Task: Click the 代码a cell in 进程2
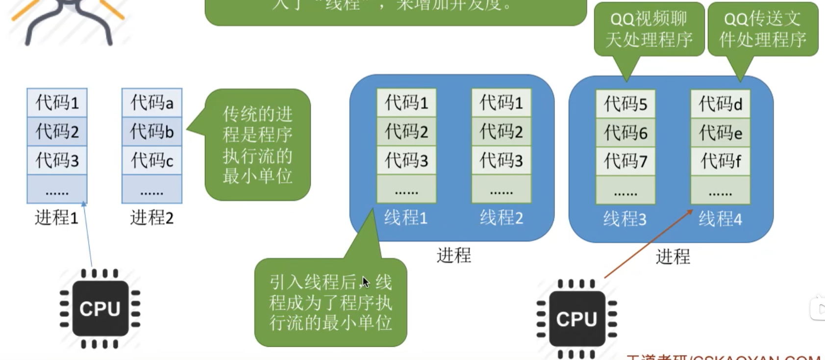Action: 152,103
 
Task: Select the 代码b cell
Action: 152,131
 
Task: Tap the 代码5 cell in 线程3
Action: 625,104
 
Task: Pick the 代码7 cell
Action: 625,161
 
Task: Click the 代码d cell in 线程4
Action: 720,104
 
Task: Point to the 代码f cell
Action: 720,161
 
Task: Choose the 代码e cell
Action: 720,132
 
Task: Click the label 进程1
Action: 56,217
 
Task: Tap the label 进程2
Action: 152,217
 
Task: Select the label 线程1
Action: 406,217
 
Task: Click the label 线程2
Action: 501,217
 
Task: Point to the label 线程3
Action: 625,219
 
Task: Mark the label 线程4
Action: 720,219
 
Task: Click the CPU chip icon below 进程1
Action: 100,309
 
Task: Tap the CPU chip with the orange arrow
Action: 577,319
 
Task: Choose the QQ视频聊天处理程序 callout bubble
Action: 649,29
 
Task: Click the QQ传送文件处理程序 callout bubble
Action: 763,29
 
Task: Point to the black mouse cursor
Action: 365,282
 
